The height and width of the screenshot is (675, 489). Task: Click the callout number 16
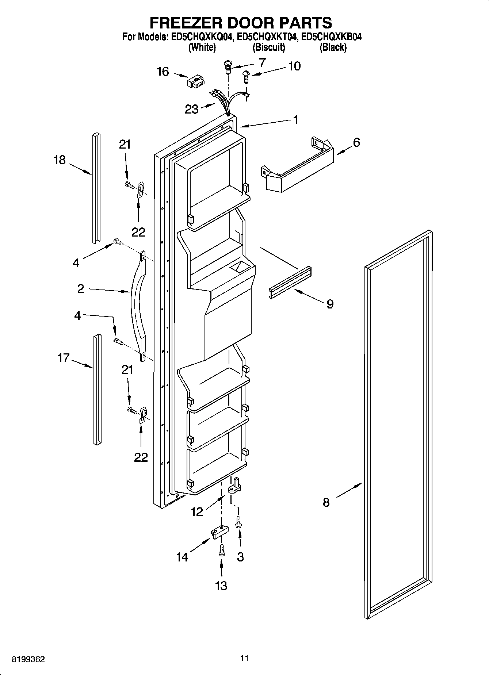[x=163, y=72]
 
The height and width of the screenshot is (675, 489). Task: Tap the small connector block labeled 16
[x=195, y=82]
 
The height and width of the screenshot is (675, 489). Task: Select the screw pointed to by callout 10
[x=246, y=77]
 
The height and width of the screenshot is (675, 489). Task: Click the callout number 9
[x=330, y=304]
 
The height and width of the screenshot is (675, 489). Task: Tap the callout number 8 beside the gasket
[x=326, y=502]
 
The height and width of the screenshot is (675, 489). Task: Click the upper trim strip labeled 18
[x=96, y=188]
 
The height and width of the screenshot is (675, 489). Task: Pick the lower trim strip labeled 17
[x=97, y=389]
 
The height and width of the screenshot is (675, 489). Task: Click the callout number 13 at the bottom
[x=221, y=586]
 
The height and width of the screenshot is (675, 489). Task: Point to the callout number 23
[x=191, y=109]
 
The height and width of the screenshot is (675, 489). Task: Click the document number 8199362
[x=28, y=660]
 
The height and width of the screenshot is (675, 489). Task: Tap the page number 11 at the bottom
[x=244, y=658]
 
